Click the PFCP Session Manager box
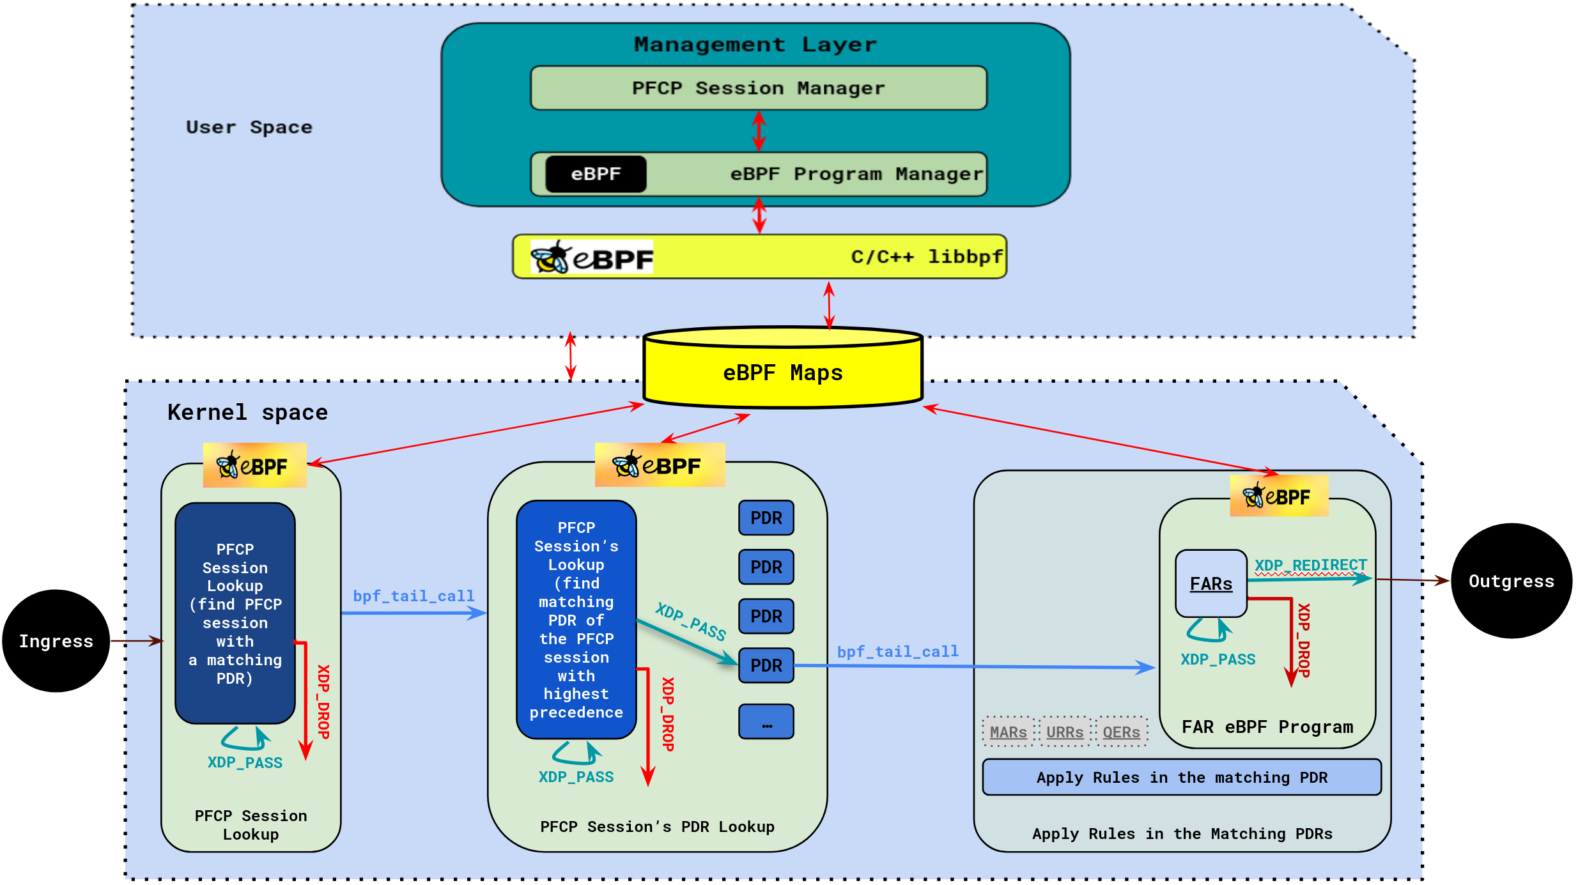(758, 88)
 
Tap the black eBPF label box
(596, 174)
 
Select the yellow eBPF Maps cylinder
(782, 372)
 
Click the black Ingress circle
(56, 641)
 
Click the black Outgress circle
(1511, 581)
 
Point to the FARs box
(1211, 583)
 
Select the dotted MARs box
(1008, 732)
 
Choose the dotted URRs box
(1065, 732)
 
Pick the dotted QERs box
(1121, 732)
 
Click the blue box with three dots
(766, 722)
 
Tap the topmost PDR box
(766, 518)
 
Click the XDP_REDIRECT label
(1310, 566)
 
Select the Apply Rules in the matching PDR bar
(1181, 777)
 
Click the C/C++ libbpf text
(926, 257)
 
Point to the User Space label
(249, 127)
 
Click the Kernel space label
(247, 412)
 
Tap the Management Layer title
(755, 45)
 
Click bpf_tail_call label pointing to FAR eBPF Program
(897, 651)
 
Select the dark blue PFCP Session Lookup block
(235, 613)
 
